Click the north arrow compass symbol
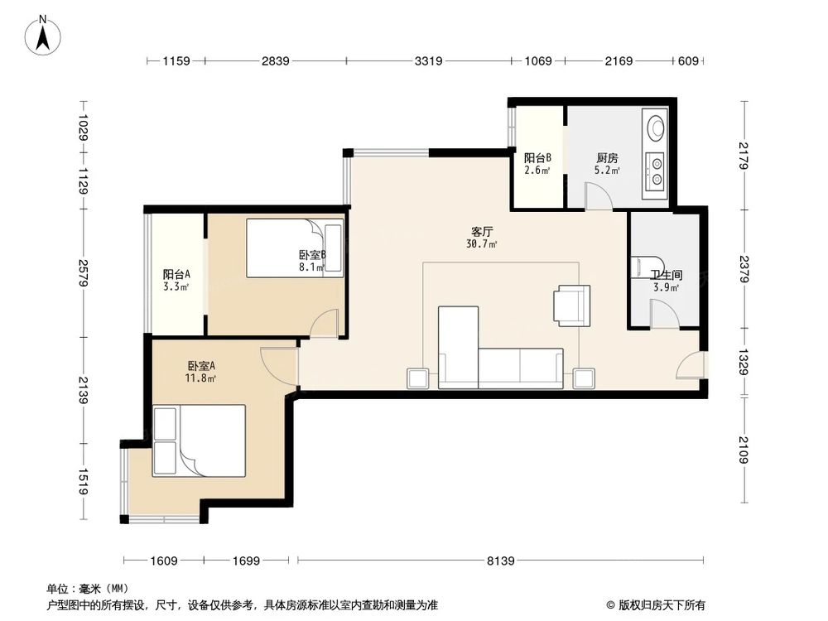tap(43, 35)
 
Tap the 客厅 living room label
tap(482, 232)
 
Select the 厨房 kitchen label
tap(607, 158)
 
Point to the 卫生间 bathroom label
tap(666, 275)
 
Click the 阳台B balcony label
tap(537, 158)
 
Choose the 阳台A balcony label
tap(176, 275)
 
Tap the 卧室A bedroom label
tap(201, 366)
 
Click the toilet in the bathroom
tap(647, 267)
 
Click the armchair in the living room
tap(571, 306)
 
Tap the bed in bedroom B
tap(295, 248)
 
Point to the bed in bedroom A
tap(199, 441)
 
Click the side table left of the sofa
tap(417, 378)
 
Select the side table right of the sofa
tap(585, 378)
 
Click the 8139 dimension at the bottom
tap(500, 561)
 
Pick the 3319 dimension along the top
tap(428, 60)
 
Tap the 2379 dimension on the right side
tap(744, 269)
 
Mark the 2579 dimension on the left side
tap(83, 272)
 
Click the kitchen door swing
tap(599, 196)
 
